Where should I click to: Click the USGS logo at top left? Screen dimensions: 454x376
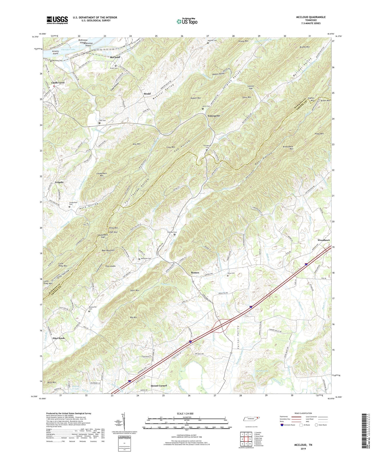57,20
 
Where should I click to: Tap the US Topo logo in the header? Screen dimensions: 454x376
187,22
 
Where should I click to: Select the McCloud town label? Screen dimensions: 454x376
115,57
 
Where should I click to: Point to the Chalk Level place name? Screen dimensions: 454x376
58,83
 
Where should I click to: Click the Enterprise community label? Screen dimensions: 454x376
214,116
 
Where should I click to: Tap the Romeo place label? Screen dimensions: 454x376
195,273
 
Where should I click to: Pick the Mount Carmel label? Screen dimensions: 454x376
159,386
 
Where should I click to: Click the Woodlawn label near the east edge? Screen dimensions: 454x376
324,240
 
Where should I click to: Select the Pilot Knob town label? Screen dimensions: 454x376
59,338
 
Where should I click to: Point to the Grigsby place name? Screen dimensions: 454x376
59,182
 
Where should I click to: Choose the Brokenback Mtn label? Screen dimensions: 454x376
288,148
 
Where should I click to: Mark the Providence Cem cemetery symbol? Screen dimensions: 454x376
207,150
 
